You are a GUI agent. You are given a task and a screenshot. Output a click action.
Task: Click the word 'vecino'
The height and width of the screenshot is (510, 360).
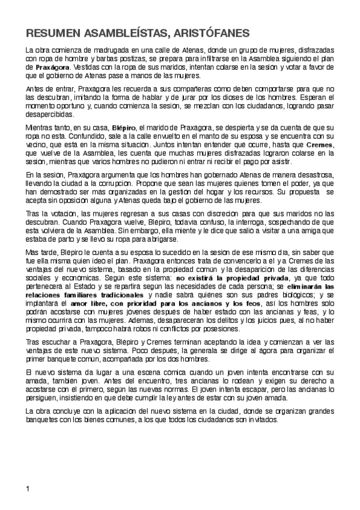37,145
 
